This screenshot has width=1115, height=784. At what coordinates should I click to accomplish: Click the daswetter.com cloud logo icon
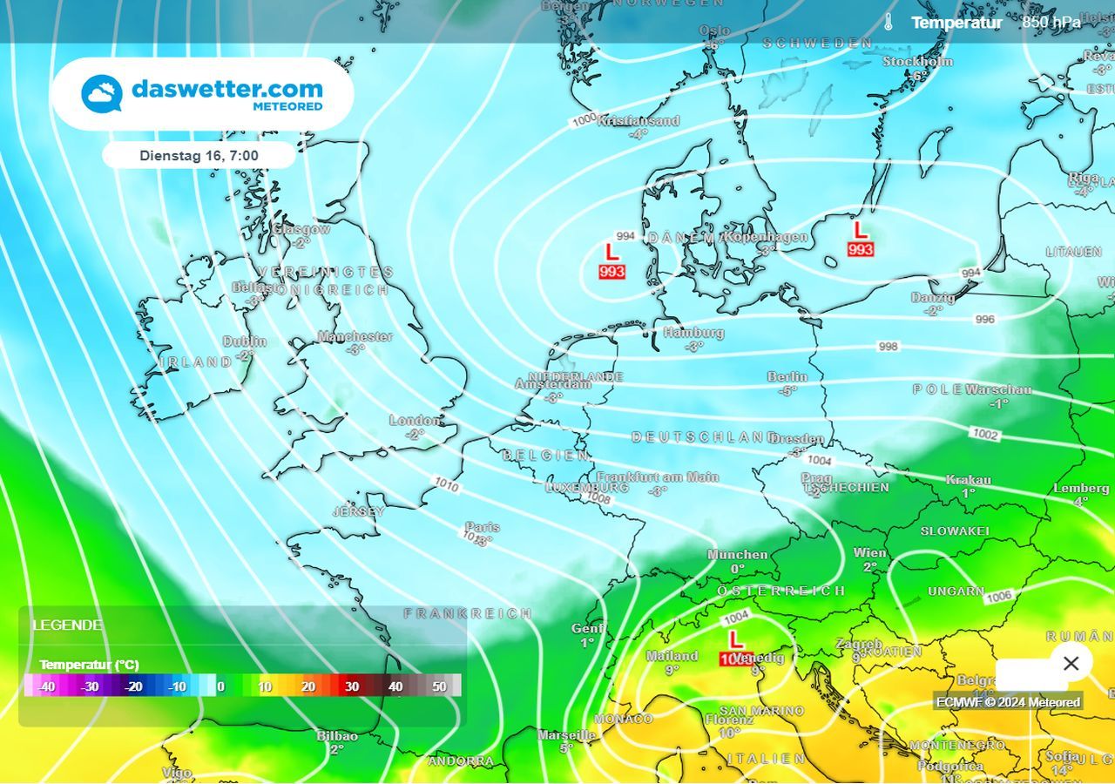(102, 94)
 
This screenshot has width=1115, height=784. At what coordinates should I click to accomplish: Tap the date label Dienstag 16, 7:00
(199, 155)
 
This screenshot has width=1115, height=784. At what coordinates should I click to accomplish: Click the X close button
(1071, 663)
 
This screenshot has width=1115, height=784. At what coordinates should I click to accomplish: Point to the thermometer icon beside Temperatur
(888, 23)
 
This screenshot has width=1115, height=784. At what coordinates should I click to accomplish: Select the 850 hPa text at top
(1051, 23)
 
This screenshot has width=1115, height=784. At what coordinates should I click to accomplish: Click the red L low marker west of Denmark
(612, 253)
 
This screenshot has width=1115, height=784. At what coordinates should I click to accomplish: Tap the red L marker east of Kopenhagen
(861, 231)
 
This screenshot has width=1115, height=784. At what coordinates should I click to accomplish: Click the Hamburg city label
(693, 332)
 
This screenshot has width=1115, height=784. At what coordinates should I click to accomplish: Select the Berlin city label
(787, 376)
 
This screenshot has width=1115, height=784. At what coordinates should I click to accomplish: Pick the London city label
(415, 420)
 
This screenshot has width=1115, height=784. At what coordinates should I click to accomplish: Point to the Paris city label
(482, 527)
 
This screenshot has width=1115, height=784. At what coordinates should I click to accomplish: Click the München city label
(737, 554)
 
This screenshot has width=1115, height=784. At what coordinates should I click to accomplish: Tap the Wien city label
(870, 552)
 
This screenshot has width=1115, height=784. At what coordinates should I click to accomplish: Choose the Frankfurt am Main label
(658, 476)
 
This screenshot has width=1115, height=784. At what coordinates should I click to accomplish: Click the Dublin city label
(245, 341)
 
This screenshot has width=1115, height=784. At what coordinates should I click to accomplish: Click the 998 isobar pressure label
(888, 347)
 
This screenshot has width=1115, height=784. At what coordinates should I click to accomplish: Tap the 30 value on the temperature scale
(352, 686)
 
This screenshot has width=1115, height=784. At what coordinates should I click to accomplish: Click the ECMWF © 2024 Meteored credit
(1008, 702)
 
